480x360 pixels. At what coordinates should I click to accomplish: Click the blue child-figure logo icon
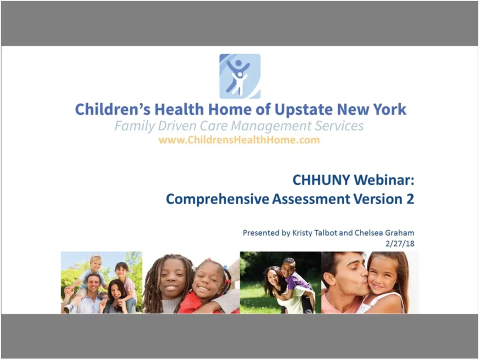pyautogui.click(x=239, y=76)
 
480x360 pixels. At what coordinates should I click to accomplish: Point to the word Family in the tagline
pyautogui.click(x=132, y=125)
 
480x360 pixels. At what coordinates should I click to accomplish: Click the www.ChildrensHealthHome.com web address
pyautogui.click(x=239, y=140)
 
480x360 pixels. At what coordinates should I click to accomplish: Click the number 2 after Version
pyautogui.click(x=410, y=199)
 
